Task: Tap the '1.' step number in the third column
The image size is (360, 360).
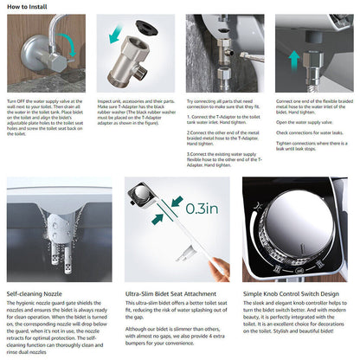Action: (x=188, y=115)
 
